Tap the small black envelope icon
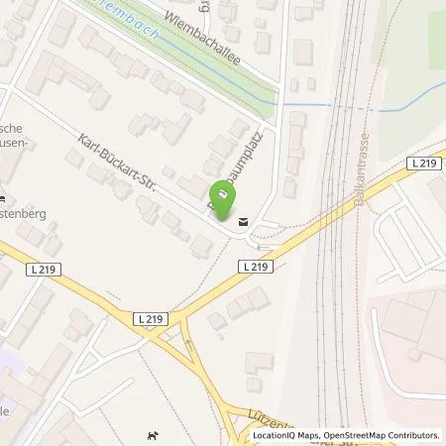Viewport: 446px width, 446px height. tap(244, 222)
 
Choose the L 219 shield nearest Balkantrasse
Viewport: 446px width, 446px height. tap(419, 163)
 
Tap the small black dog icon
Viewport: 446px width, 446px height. tap(152, 431)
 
